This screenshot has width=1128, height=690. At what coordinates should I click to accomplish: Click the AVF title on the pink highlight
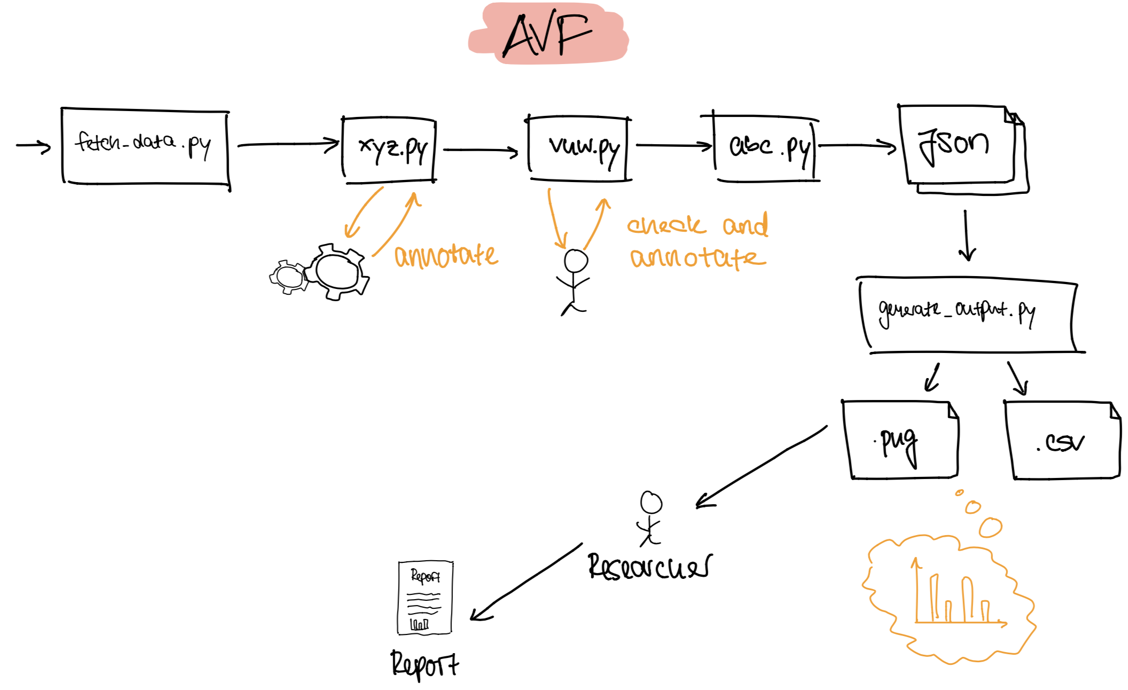click(547, 35)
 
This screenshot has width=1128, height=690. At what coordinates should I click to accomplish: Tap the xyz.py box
click(389, 150)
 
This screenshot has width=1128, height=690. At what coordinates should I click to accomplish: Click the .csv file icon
click(1063, 441)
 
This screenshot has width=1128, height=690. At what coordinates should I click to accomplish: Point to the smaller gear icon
click(289, 277)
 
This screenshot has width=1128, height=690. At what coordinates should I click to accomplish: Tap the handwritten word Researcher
click(649, 567)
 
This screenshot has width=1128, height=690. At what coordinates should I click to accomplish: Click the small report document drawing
click(425, 598)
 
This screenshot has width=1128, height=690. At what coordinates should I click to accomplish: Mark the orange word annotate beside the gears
click(446, 256)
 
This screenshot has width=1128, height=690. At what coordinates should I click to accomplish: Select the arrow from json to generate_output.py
click(966, 235)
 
